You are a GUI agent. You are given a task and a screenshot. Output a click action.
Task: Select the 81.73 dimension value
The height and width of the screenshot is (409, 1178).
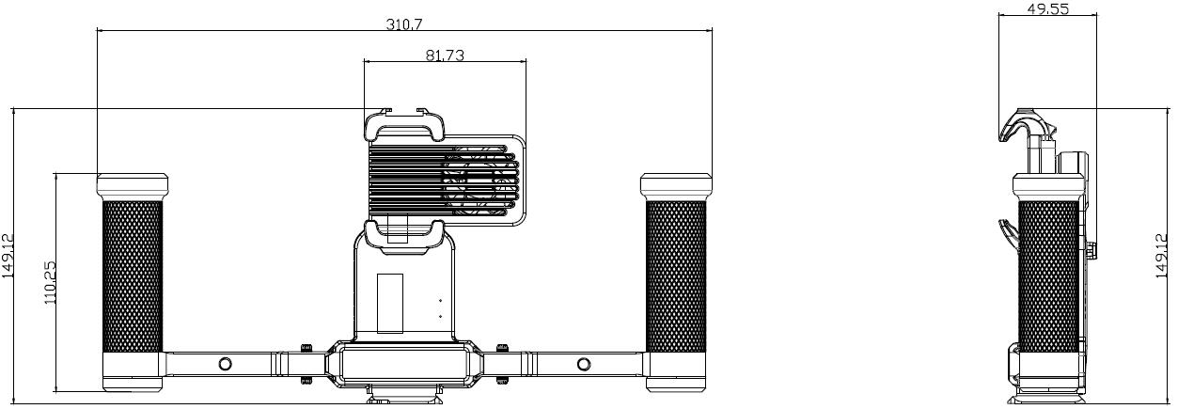pos(445,55)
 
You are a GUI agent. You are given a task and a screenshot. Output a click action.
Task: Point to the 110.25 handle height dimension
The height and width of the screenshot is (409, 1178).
pos(51,282)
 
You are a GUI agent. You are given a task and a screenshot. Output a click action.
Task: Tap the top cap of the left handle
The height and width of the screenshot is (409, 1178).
pos(132,185)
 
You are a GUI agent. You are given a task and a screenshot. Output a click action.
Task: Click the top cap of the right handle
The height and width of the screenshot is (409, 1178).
pos(676,185)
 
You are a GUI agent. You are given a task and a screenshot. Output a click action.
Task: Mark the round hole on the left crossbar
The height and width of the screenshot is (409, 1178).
pos(224,364)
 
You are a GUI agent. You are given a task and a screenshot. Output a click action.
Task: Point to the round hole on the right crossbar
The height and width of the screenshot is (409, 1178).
pos(584,364)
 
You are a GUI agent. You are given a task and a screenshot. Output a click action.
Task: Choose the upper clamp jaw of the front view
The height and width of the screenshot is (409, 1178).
pos(405,124)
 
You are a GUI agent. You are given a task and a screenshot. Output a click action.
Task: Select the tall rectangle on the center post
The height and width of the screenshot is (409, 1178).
pos(390,303)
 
